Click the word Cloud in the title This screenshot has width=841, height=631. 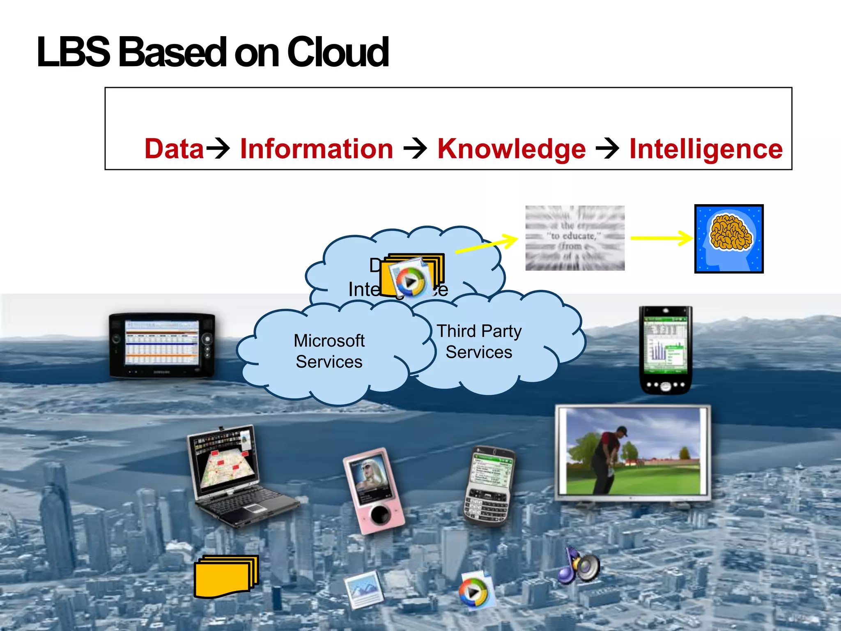[x=338, y=52]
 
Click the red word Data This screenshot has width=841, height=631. [x=174, y=148]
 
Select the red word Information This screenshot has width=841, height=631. [x=317, y=148]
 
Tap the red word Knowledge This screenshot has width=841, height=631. [x=511, y=148]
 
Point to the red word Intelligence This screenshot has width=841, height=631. [x=706, y=148]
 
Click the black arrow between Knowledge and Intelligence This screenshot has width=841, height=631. [x=607, y=148]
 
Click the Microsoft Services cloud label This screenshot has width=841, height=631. [x=329, y=351]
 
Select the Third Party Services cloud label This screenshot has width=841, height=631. [x=479, y=341]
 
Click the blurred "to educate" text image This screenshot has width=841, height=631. [x=575, y=238]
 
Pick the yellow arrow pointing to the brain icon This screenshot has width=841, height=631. [x=661, y=238]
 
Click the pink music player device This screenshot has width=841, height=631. [x=373, y=491]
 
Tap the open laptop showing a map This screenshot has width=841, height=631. [x=238, y=477]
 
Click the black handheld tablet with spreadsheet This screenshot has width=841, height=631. [x=162, y=345]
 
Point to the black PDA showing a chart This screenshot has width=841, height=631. [x=666, y=350]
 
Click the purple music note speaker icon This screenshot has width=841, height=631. [x=578, y=566]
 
